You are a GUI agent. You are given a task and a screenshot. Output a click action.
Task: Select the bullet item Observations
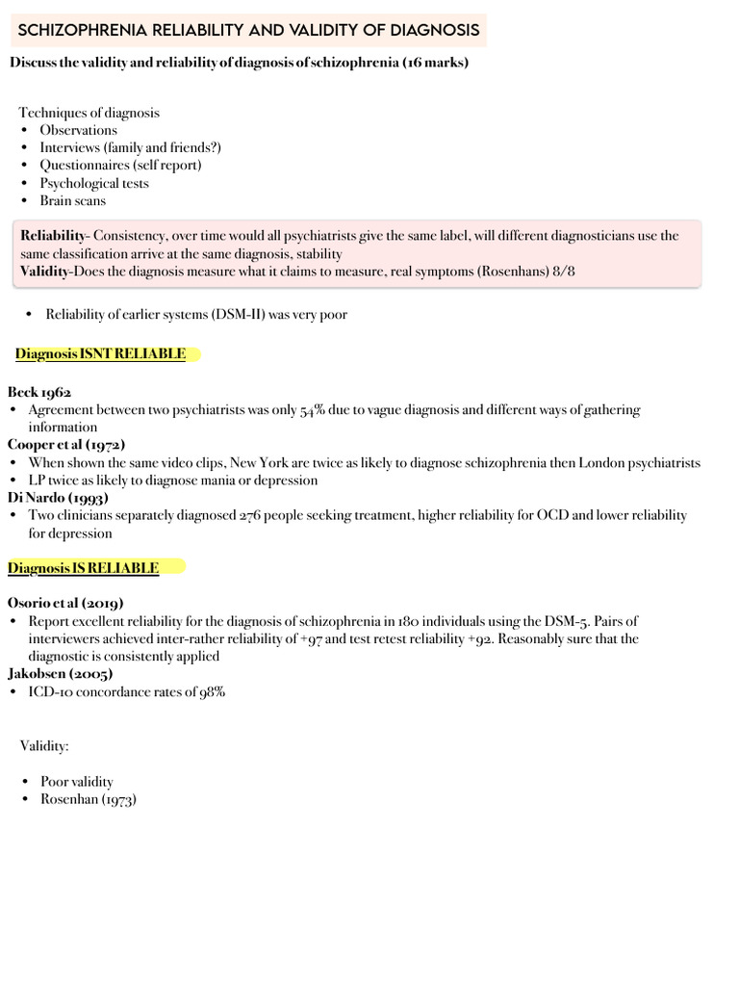pos(78,130)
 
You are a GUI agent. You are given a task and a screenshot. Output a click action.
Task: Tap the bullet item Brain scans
pos(72,200)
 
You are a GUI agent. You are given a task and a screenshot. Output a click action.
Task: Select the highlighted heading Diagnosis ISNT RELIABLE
pos(100,354)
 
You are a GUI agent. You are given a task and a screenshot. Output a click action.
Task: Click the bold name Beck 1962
pos(39,392)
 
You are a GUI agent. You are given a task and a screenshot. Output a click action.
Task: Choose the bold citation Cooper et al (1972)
pos(66,445)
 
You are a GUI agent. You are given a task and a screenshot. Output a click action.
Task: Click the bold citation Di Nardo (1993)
pos(58,498)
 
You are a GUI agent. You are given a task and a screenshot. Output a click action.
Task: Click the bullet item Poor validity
pos(76,782)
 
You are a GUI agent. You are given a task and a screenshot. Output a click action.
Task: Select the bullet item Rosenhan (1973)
pos(88,799)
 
